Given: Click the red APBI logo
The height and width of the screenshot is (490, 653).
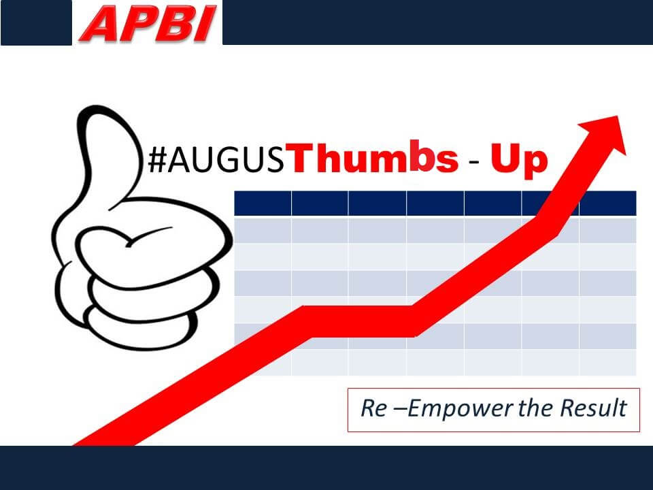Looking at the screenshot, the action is click(148, 23).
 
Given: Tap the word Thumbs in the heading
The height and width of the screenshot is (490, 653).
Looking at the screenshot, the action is click(373, 157).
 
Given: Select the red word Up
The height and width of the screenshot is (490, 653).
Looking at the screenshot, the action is click(519, 160).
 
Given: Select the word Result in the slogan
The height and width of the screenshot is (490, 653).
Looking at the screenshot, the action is click(593, 408).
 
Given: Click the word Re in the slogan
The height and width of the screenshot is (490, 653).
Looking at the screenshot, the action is click(373, 408).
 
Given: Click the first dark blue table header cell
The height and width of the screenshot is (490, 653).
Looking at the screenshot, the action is click(263, 203).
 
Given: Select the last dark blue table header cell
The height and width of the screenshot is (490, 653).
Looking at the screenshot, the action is click(608, 203).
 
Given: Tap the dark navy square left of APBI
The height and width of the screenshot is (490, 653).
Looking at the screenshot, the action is click(36, 22).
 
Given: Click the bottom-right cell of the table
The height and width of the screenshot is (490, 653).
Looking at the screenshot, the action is click(608, 363).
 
